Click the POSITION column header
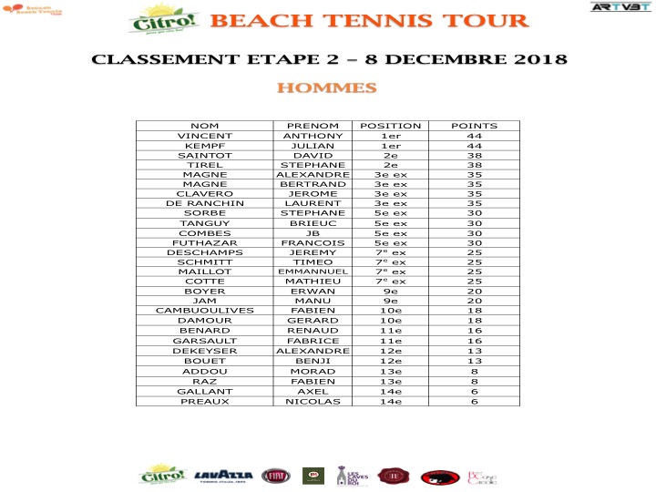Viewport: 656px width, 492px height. (391, 126)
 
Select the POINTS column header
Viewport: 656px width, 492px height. (475, 126)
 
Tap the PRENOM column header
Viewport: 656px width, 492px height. (313, 126)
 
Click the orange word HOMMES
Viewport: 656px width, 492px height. (326, 88)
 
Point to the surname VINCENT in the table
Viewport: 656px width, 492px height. (205, 136)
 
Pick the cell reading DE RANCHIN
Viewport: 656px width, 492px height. (205, 204)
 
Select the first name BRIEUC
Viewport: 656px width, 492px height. (313, 223)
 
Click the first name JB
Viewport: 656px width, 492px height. (313, 233)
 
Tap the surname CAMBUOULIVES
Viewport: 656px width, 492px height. (205, 311)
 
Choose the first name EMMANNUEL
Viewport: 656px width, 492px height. (313, 272)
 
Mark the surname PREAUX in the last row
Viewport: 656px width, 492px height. (205, 401)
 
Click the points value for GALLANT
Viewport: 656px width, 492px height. (475, 391)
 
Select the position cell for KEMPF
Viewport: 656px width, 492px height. (391, 146)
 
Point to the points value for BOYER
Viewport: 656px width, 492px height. (475, 292)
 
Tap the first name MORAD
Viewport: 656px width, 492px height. (313, 372)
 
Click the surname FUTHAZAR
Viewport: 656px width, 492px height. (205, 243)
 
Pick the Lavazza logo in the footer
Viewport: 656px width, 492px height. (224, 476)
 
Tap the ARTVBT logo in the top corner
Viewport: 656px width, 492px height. (614, 7)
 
